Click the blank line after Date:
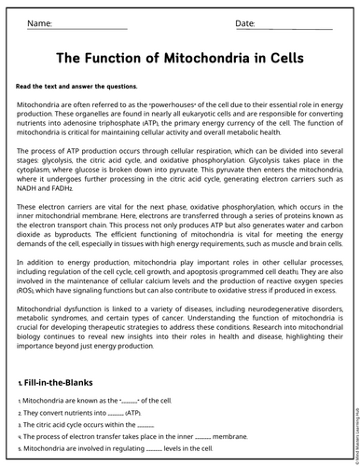[293, 26]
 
